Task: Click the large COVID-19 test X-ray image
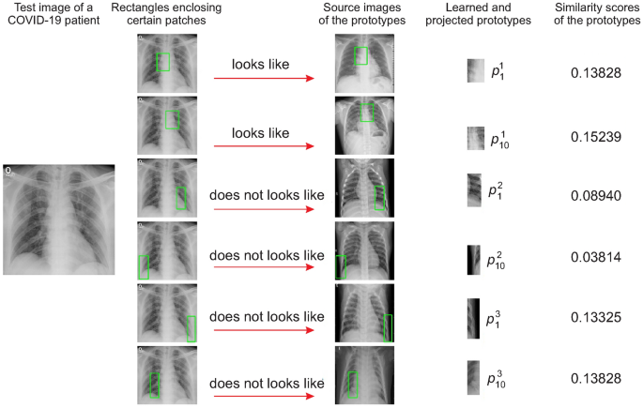59,219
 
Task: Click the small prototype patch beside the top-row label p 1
475,71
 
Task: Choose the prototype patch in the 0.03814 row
474,258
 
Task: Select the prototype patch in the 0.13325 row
474,319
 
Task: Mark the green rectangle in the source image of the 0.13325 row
388,327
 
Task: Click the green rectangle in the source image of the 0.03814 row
340,266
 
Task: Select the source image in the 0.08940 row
364,188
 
